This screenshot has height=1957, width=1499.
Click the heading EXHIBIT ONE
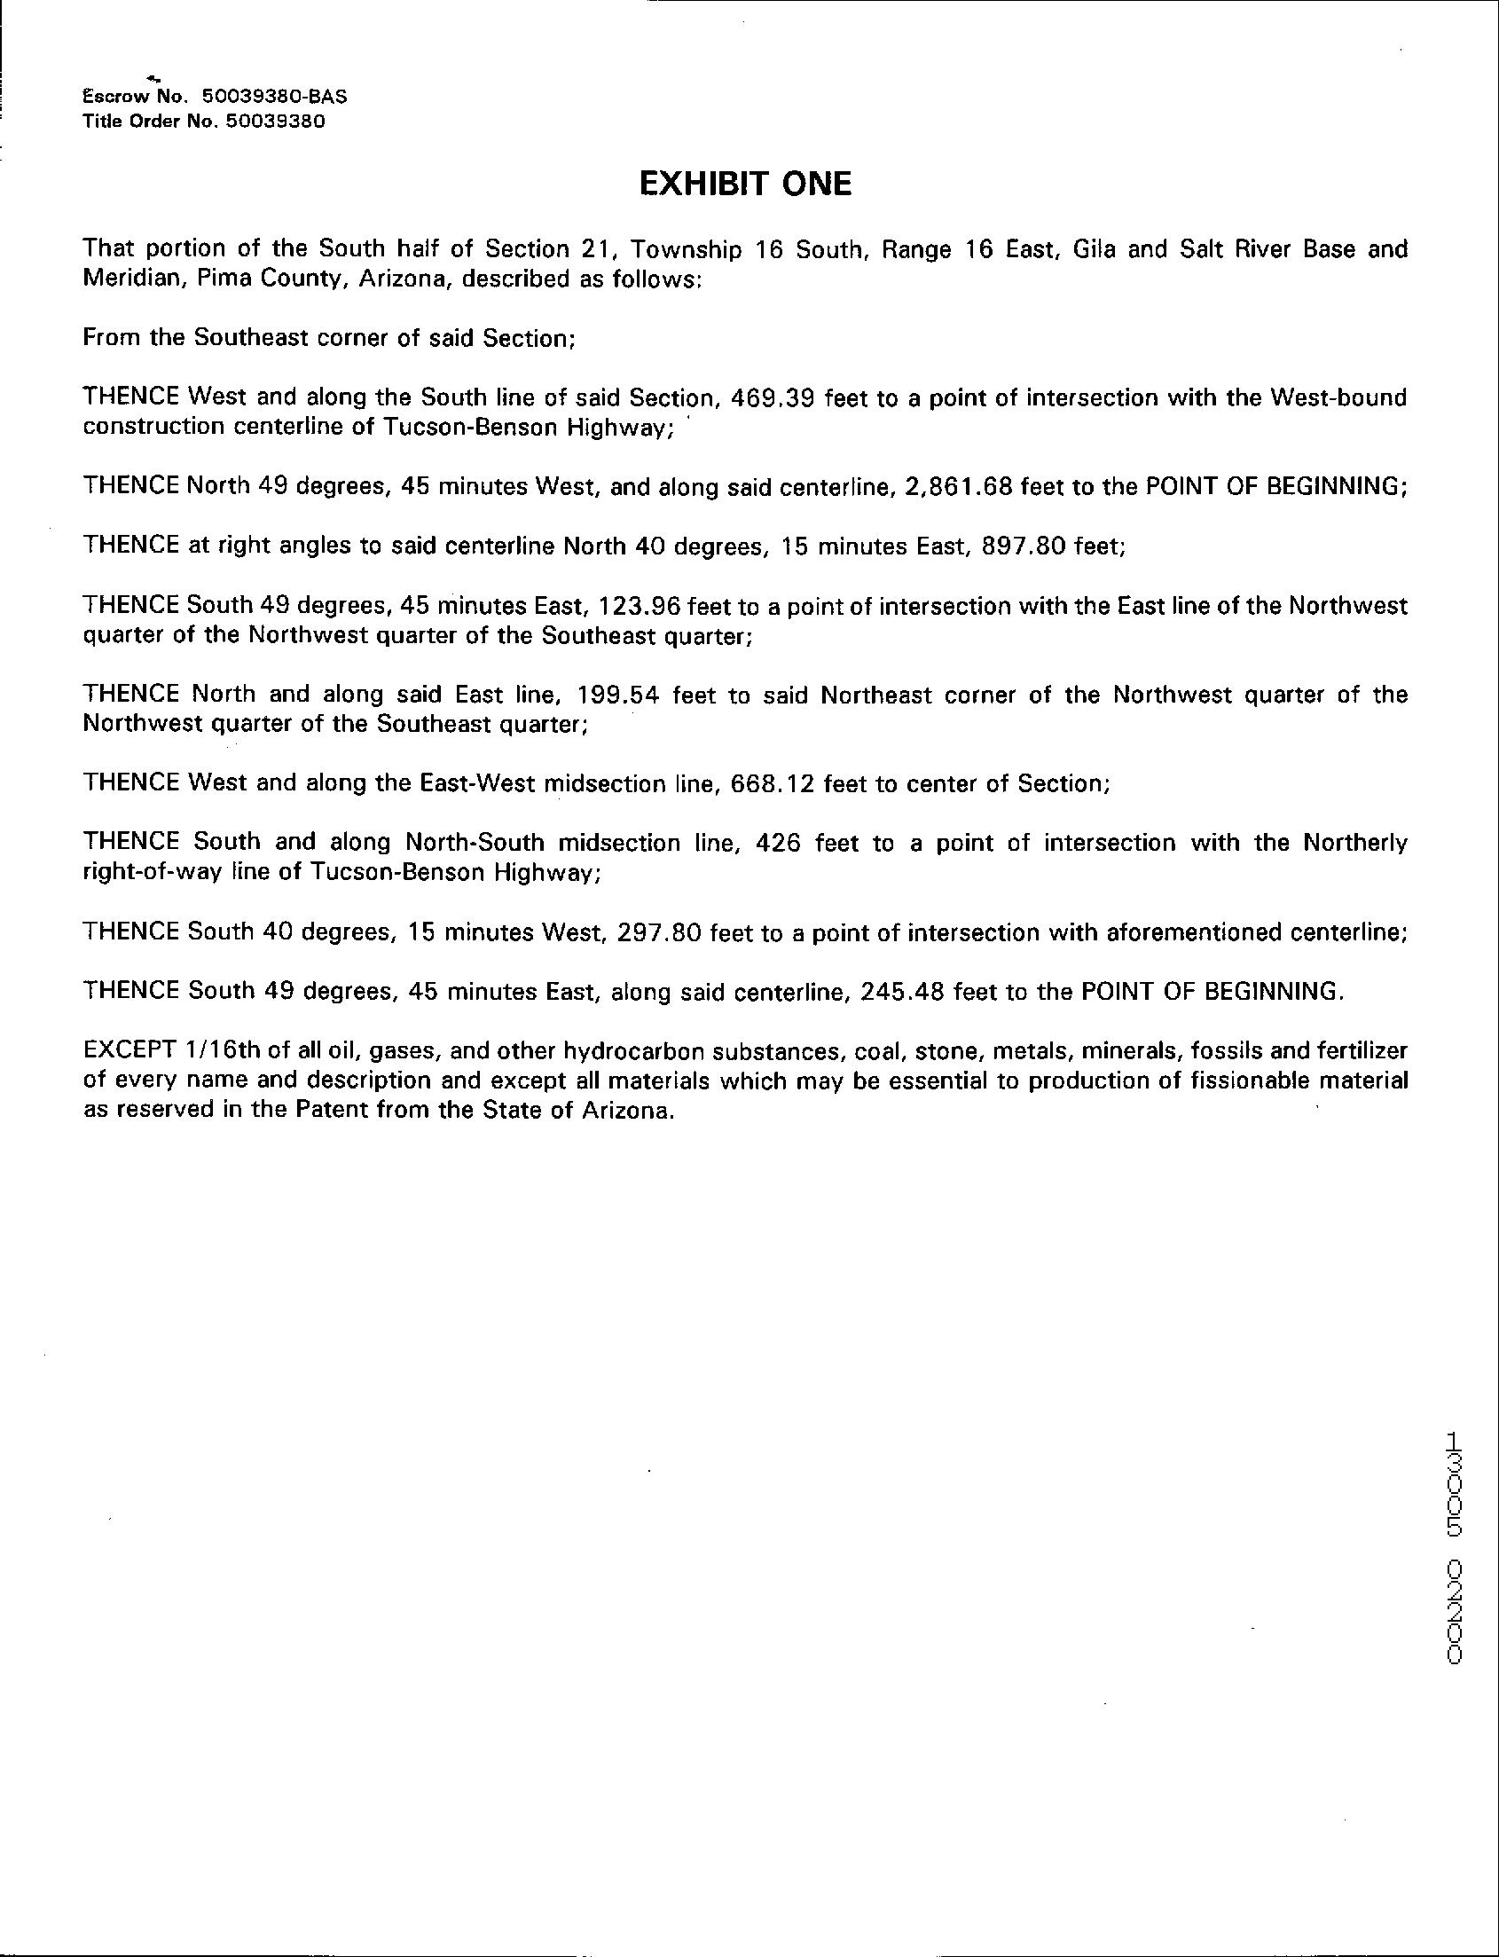pos(746,184)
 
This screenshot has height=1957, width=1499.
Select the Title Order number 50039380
pos(276,122)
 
